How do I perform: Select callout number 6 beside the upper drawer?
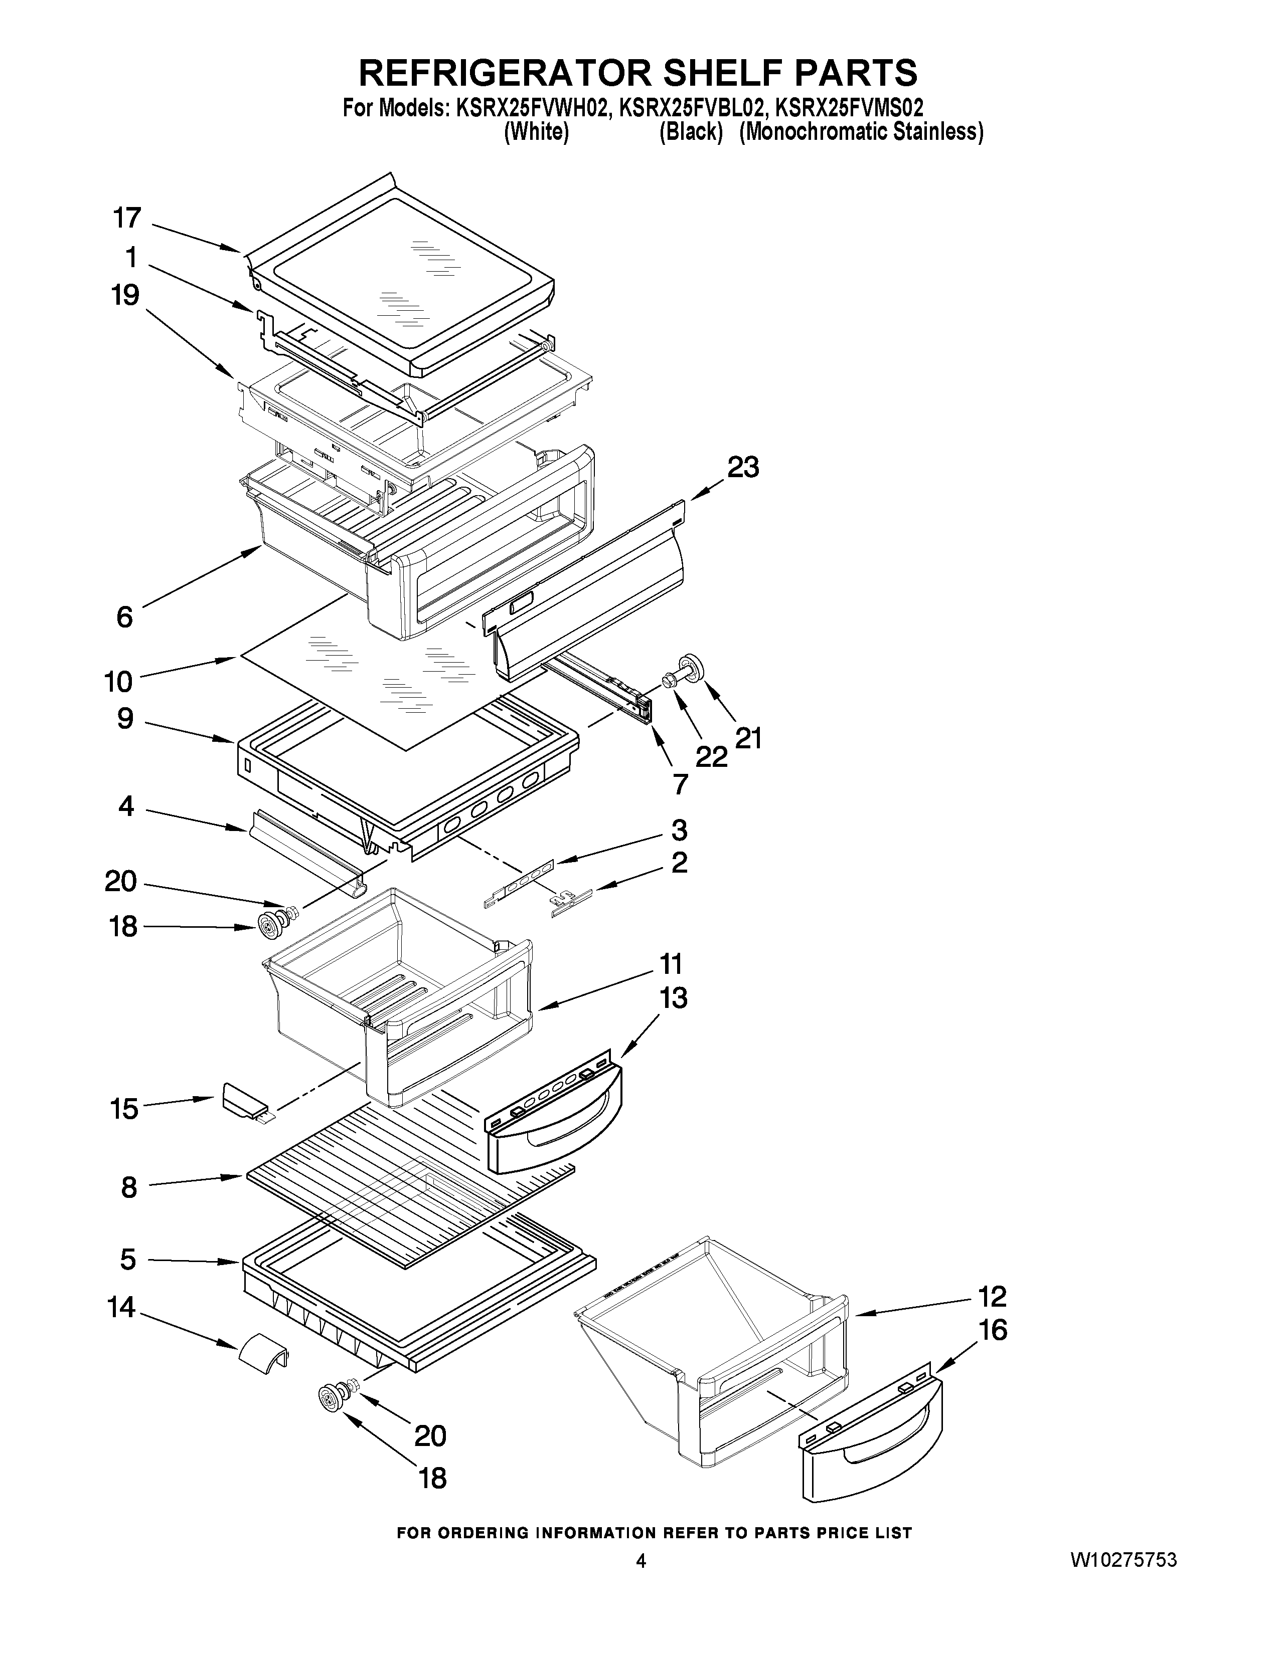tap(124, 616)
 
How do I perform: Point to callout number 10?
tap(118, 682)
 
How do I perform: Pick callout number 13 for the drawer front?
tap(673, 998)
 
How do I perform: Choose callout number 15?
tap(123, 1109)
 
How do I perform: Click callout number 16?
tap(993, 1331)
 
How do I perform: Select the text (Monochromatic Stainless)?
tap(862, 132)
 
